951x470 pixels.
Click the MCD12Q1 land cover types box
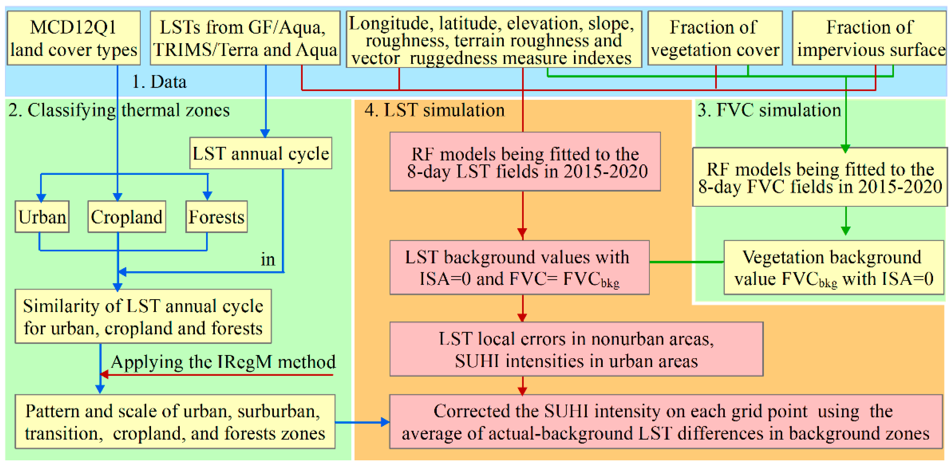tap(73, 38)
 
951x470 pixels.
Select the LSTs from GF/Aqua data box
tap(245, 38)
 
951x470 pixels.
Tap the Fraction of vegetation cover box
tap(715, 38)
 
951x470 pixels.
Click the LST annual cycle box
tap(261, 153)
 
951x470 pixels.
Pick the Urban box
tap(42, 216)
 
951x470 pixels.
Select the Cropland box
tap(127, 216)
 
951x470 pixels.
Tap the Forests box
tap(216, 216)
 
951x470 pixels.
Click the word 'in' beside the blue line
tap(268, 259)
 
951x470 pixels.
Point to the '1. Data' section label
tap(159, 82)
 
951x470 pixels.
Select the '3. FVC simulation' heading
tap(769, 110)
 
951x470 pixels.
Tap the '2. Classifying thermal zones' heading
tap(119, 110)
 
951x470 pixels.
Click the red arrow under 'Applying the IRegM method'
tap(218, 375)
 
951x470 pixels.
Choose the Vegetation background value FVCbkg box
tap(833, 268)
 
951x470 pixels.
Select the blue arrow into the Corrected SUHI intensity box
tap(362, 422)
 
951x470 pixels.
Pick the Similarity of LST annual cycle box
tap(143, 316)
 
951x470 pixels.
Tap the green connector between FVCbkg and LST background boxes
tap(686, 262)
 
